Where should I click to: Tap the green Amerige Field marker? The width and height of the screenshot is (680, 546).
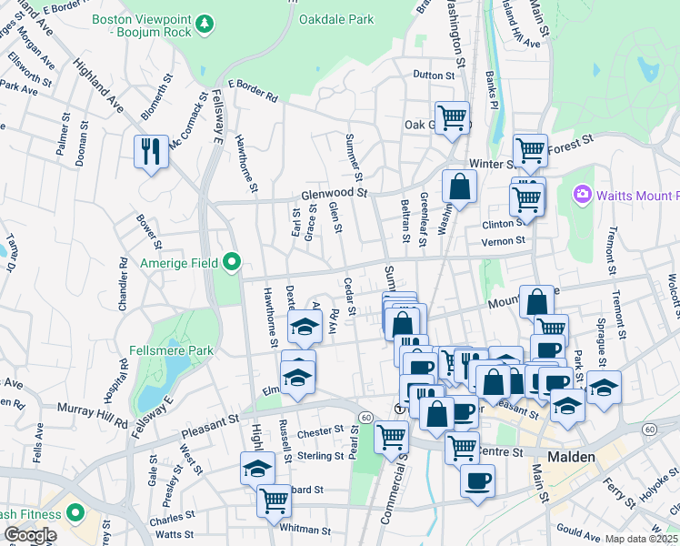pyautogui.click(x=232, y=263)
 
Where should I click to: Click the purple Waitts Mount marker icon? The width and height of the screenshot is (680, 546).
pyautogui.click(x=582, y=195)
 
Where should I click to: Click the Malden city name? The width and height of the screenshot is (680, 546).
pyautogui.click(x=570, y=457)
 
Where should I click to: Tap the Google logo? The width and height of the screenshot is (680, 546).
pyautogui.click(x=29, y=535)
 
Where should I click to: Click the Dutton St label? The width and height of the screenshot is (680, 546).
pyautogui.click(x=433, y=76)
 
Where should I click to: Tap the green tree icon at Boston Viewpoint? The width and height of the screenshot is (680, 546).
pyautogui.click(x=205, y=21)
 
